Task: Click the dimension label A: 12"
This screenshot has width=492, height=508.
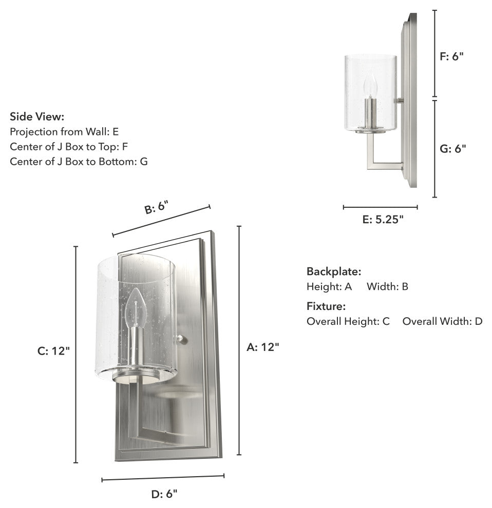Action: tap(263, 347)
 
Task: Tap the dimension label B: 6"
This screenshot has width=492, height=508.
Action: tap(157, 207)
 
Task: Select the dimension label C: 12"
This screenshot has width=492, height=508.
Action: tap(53, 351)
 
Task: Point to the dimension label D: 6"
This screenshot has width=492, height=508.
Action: tap(164, 494)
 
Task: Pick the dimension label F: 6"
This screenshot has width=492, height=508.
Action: tap(451, 56)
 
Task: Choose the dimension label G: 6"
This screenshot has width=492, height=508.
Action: tap(453, 148)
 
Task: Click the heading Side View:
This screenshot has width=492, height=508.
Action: tap(37, 116)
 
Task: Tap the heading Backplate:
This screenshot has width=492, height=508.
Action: tap(334, 271)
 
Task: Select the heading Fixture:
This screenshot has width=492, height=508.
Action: tap(326, 306)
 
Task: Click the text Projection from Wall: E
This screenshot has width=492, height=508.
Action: tap(64, 131)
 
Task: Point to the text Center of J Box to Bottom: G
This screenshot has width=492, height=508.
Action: tap(79, 161)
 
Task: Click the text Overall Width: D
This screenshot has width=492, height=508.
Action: tap(442, 321)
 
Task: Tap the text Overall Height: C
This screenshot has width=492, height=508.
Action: tap(348, 321)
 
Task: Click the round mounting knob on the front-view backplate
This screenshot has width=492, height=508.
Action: tap(182, 340)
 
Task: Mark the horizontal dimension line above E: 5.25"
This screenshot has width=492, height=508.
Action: tap(380, 207)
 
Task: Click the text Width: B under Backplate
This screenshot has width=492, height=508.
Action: tap(387, 286)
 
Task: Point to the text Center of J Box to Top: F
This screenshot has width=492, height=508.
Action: tap(69, 146)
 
